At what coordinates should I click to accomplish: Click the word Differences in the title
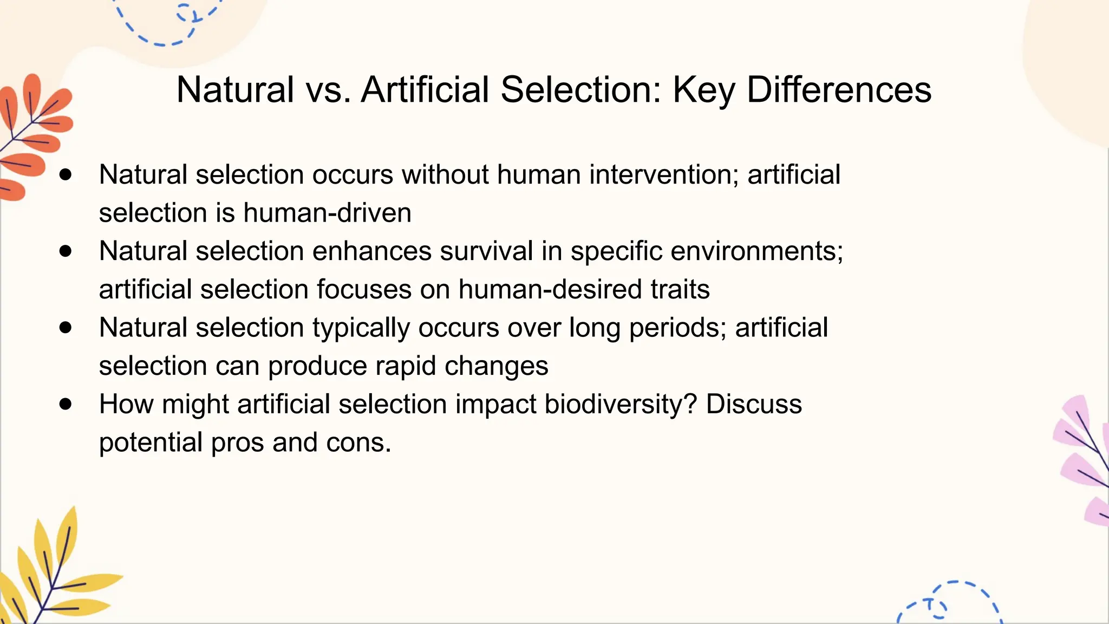pos(839,89)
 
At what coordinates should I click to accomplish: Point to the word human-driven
pos(327,213)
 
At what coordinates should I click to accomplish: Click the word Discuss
pos(753,405)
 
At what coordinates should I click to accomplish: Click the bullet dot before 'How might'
pos(66,404)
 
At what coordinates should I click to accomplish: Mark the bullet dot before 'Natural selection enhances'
pos(66,251)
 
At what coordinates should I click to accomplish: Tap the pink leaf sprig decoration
pos(1083,460)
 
